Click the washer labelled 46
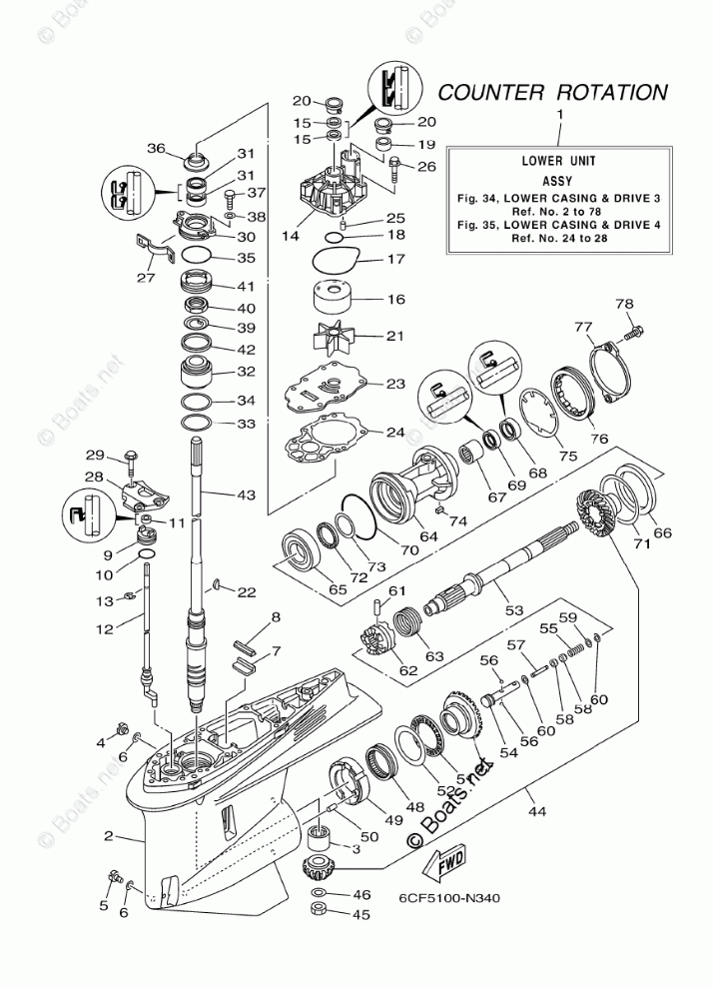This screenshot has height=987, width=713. click(x=319, y=891)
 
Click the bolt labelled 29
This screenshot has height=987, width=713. click(x=132, y=460)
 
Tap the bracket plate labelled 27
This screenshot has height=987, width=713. click(x=150, y=249)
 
